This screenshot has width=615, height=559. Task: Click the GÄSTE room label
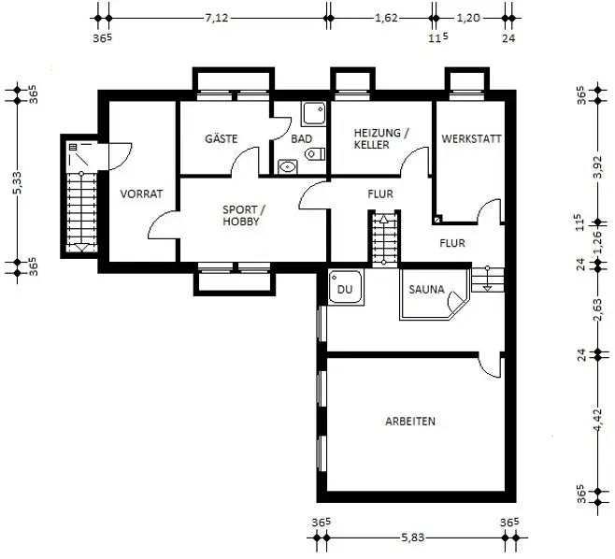tap(222, 138)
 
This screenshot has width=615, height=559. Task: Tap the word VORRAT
tap(141, 193)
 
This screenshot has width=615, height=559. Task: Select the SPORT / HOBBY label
tap(243, 215)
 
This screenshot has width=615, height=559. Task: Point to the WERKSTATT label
tap(471, 139)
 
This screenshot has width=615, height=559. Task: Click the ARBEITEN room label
tap(410, 422)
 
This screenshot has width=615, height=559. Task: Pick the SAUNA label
tap(426, 290)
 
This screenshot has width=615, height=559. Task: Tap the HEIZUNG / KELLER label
tap(381, 138)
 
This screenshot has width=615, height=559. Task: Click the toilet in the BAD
tap(315, 154)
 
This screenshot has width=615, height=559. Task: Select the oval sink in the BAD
tap(288, 167)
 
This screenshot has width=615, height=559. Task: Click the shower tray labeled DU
tap(346, 287)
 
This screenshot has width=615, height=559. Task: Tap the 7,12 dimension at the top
tap(217, 18)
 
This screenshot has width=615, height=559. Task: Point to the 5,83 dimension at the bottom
tap(412, 537)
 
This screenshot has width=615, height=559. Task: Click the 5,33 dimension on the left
tap(18, 183)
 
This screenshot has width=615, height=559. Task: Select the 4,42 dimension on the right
tap(597, 420)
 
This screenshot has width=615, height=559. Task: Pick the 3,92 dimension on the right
tap(597, 166)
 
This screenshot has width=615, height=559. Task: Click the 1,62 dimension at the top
tap(386, 18)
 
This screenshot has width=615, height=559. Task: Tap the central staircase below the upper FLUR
tap(383, 238)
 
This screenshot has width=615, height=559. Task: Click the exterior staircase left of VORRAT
tap(81, 212)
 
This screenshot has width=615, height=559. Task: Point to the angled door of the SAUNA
tap(458, 302)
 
